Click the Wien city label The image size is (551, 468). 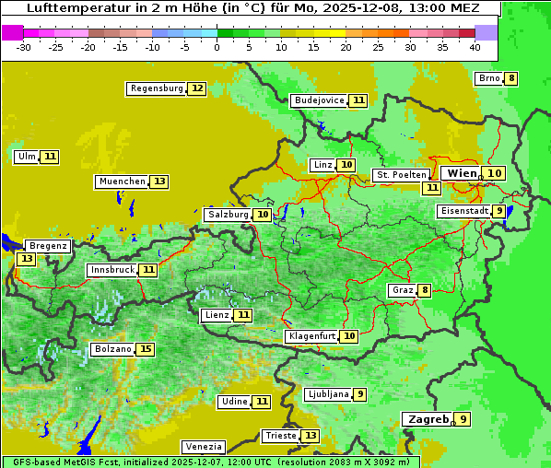(x=463, y=173)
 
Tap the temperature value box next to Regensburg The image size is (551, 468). (x=197, y=88)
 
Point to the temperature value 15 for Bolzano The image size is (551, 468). (x=146, y=349)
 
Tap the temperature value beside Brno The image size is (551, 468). (x=511, y=78)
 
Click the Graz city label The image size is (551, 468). (x=403, y=290)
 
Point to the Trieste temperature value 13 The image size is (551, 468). (x=311, y=436)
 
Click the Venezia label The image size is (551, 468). (x=203, y=446)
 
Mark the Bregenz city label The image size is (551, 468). (x=48, y=246)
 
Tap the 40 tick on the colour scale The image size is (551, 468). (x=475, y=46)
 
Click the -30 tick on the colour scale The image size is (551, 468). (x=24, y=46)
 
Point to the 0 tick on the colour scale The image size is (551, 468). (x=217, y=46)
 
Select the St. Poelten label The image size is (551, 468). (x=401, y=174)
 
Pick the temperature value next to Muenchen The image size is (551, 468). (x=159, y=181)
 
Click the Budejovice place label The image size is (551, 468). (x=319, y=100)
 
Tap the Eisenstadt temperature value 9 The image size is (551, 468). (x=499, y=211)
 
